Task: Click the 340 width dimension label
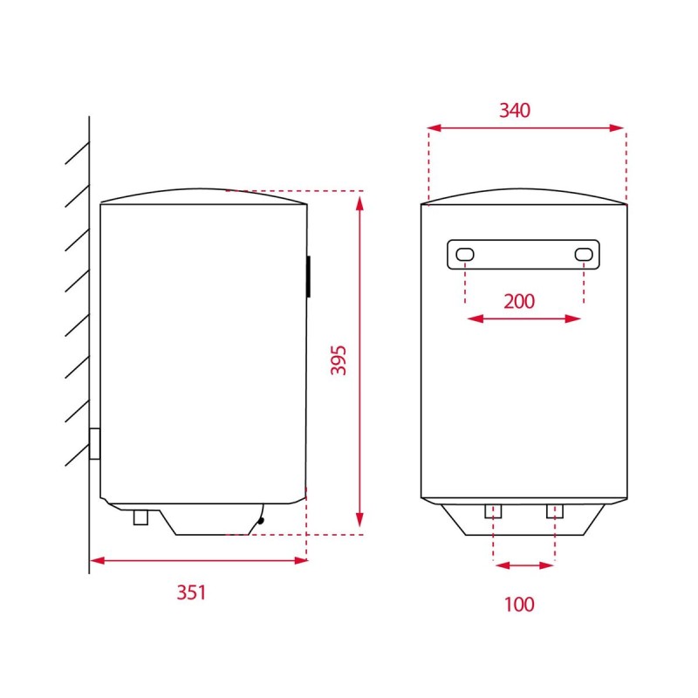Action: coord(515,111)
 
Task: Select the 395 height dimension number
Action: coord(339,360)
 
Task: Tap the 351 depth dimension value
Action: coord(191,592)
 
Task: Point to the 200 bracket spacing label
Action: coord(519,301)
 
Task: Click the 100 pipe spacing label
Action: coord(519,605)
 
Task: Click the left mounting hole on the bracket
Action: coord(465,255)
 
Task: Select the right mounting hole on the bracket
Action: coord(584,255)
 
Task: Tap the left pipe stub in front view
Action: coord(493,511)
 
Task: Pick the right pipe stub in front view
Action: coord(555,511)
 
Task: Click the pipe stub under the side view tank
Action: coord(140,517)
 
